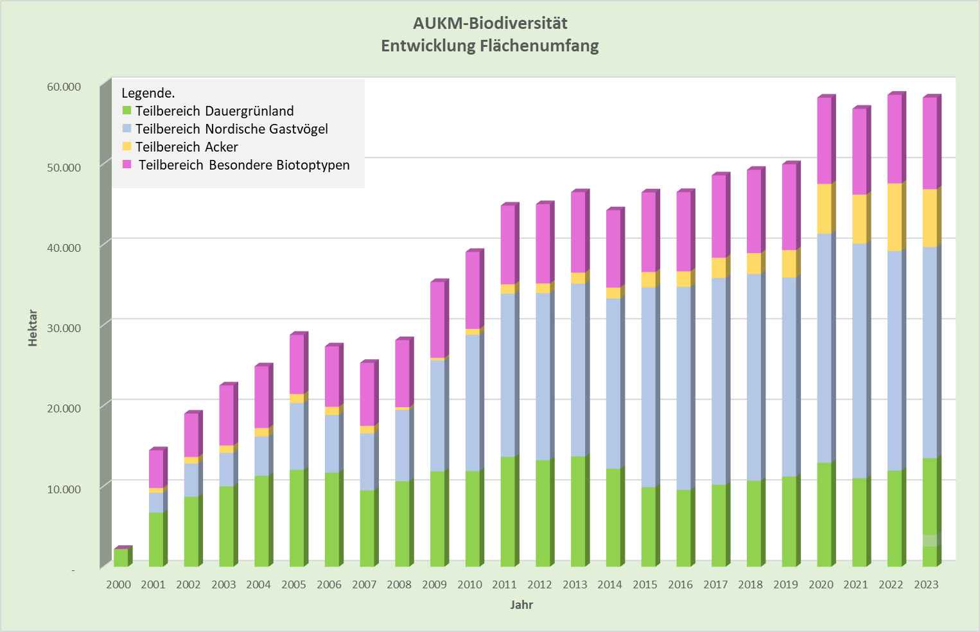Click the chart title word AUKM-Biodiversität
tap(490, 24)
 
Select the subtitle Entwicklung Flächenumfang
tap(490, 46)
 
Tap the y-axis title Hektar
tap(33, 328)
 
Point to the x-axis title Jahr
tap(521, 605)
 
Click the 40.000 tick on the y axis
tap(64, 247)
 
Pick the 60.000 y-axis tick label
tap(64, 87)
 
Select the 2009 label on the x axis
tap(434, 584)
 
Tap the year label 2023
tap(926, 584)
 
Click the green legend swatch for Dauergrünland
tap(127, 110)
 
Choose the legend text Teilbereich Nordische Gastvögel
tap(231, 129)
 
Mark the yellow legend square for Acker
tap(127, 146)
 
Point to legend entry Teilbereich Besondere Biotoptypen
tap(244, 165)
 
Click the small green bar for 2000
tap(121, 557)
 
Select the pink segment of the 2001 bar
tap(156, 469)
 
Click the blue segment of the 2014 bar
tap(613, 383)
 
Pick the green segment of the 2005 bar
tap(297, 518)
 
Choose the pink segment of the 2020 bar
tap(824, 140)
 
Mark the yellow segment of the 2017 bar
tap(719, 267)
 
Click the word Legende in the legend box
tap(148, 93)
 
